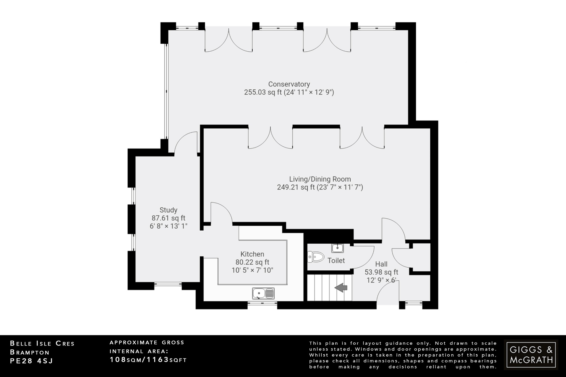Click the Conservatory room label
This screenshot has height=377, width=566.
click(x=289, y=84)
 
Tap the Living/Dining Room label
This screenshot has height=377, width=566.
click(x=320, y=179)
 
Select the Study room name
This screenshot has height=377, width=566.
click(x=168, y=210)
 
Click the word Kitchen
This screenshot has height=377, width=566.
click(x=252, y=254)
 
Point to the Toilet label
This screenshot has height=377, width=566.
click(x=336, y=260)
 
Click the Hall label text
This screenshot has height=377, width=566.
click(x=381, y=264)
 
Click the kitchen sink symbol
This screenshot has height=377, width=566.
click(x=263, y=293)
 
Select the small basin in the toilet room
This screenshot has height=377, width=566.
click(x=337, y=248)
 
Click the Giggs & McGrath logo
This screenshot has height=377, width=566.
click(x=531, y=355)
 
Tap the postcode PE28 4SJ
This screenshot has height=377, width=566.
click(x=31, y=361)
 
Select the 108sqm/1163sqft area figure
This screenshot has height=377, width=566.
click(x=148, y=360)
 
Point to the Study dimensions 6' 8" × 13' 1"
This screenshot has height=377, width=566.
click(x=168, y=226)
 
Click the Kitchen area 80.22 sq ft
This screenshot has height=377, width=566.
click(x=252, y=262)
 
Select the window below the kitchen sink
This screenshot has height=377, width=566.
click(x=262, y=303)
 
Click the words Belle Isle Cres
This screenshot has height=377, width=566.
click(x=42, y=344)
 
